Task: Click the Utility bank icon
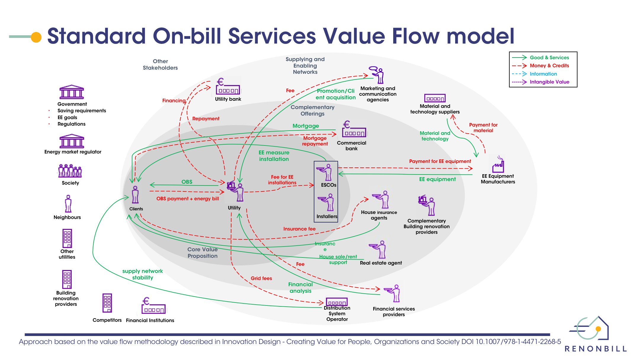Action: [227, 87]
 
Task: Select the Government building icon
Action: [72, 92]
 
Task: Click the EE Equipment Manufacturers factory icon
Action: [498, 164]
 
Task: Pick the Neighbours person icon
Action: [68, 204]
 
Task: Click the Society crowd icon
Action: [70, 171]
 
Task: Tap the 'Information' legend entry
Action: [543, 74]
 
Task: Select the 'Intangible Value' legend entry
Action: [549, 82]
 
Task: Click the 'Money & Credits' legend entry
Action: [549, 65]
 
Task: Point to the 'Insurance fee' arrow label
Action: [299, 229]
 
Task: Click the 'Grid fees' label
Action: [261, 278]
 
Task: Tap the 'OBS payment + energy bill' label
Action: [188, 199]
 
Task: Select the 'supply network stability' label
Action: [143, 274]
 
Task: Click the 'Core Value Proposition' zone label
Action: [202, 253]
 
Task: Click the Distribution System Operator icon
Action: [337, 302]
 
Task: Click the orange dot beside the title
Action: [36, 37]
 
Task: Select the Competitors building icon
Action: [107, 303]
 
